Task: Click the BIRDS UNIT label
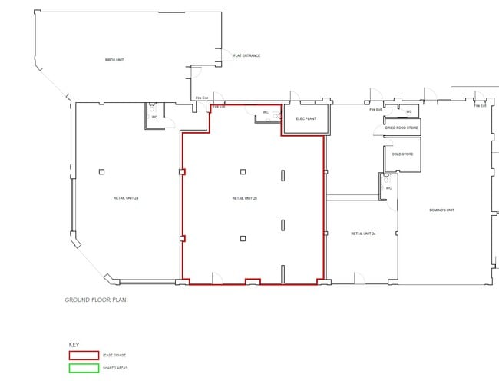tap(115, 59)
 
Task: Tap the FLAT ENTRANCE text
tap(246, 55)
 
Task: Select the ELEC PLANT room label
tap(306, 119)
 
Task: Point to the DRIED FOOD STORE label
tap(402, 128)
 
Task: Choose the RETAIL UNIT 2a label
tap(125, 198)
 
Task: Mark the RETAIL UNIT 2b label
tap(244, 198)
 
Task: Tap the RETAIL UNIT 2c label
tap(363, 233)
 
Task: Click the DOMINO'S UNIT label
tap(442, 210)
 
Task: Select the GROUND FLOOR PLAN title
tap(95, 300)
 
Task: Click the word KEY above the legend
tap(74, 345)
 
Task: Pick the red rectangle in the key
tap(84, 355)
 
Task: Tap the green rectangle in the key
tap(84, 367)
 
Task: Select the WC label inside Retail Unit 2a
tap(154, 117)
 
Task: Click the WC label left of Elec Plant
tap(266, 112)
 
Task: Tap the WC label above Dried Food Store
tap(408, 111)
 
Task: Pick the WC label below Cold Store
tap(388, 187)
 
